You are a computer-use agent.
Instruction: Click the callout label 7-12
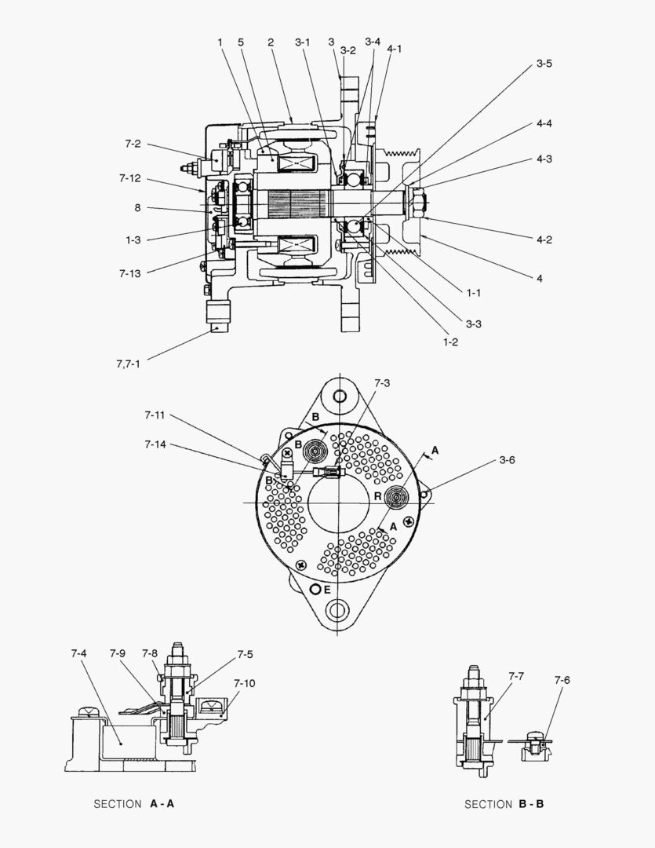[129, 178]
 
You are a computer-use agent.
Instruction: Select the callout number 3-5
[544, 64]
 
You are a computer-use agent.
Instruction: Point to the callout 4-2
[544, 239]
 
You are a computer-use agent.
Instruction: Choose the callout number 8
[137, 208]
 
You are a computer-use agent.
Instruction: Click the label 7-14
[155, 444]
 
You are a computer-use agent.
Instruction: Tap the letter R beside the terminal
[377, 497]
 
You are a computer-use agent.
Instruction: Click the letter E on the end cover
[326, 589]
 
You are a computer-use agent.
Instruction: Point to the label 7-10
[244, 683]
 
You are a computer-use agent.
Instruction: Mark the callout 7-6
[562, 680]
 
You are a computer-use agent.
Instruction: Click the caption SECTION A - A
[133, 804]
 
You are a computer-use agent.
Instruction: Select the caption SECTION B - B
[504, 804]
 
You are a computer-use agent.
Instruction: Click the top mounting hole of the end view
[340, 395]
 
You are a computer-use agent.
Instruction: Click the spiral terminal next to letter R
[397, 496]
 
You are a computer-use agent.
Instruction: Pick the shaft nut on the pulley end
[416, 203]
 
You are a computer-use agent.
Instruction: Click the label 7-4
[78, 653]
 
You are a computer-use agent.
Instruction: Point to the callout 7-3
[382, 383]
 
